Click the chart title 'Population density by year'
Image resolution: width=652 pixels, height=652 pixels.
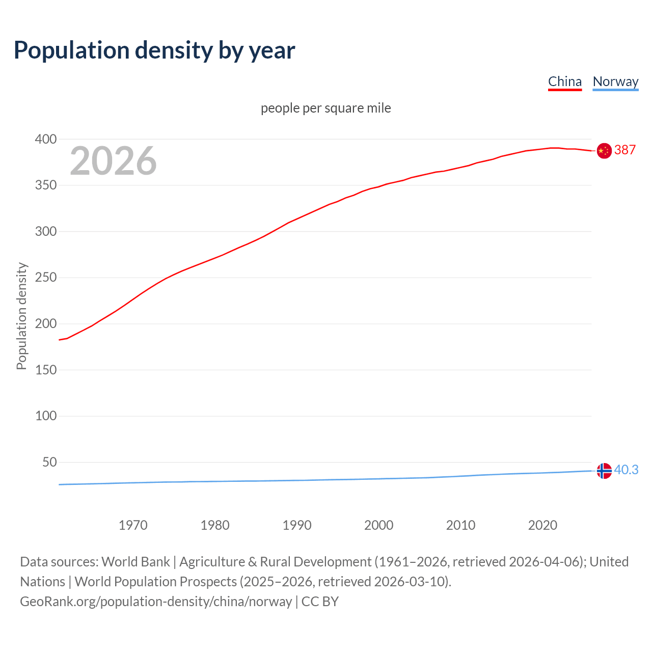154,50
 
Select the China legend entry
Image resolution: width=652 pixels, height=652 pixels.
564,81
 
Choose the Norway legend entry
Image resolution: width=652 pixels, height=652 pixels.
615,81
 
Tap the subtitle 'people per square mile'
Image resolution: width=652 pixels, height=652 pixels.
325,108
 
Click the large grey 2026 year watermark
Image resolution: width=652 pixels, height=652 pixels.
113,161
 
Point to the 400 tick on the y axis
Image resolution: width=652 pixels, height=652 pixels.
46,139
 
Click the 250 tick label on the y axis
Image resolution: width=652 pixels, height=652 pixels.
46,278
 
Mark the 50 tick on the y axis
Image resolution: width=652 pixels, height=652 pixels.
49,463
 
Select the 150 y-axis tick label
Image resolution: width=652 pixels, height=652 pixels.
46,370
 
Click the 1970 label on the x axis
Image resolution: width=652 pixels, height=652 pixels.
133,525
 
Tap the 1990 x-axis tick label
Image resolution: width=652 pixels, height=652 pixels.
297,525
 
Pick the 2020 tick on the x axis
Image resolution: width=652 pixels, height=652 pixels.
542,525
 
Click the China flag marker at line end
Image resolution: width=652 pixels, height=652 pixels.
604,151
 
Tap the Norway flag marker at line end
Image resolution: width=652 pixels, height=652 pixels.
604,471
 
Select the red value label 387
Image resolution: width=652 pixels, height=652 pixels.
625,150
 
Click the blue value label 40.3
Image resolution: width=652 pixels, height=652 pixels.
626,470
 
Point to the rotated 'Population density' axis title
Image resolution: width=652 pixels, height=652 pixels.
21,316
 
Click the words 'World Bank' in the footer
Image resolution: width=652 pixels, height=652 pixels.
135,562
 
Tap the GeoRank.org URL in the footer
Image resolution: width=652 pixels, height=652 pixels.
156,602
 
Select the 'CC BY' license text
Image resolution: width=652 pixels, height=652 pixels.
320,602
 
